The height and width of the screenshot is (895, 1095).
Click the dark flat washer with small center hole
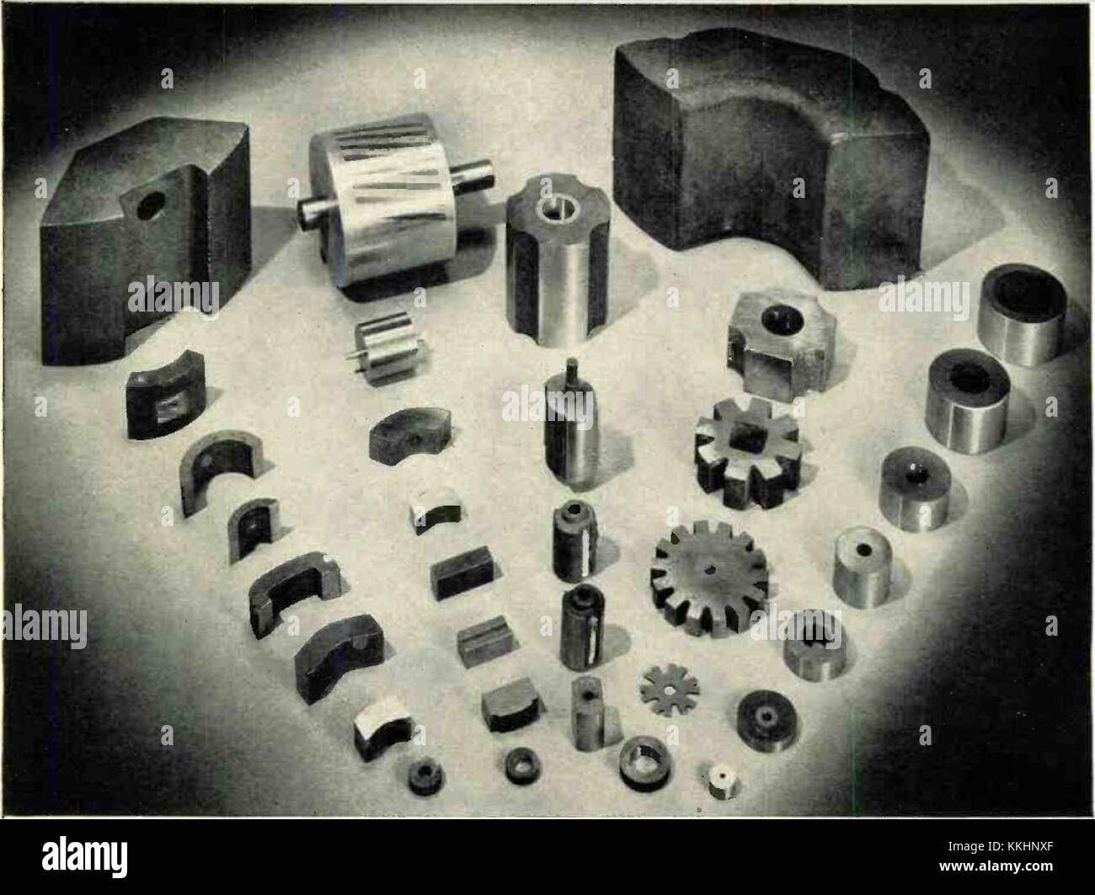pos(767,721)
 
